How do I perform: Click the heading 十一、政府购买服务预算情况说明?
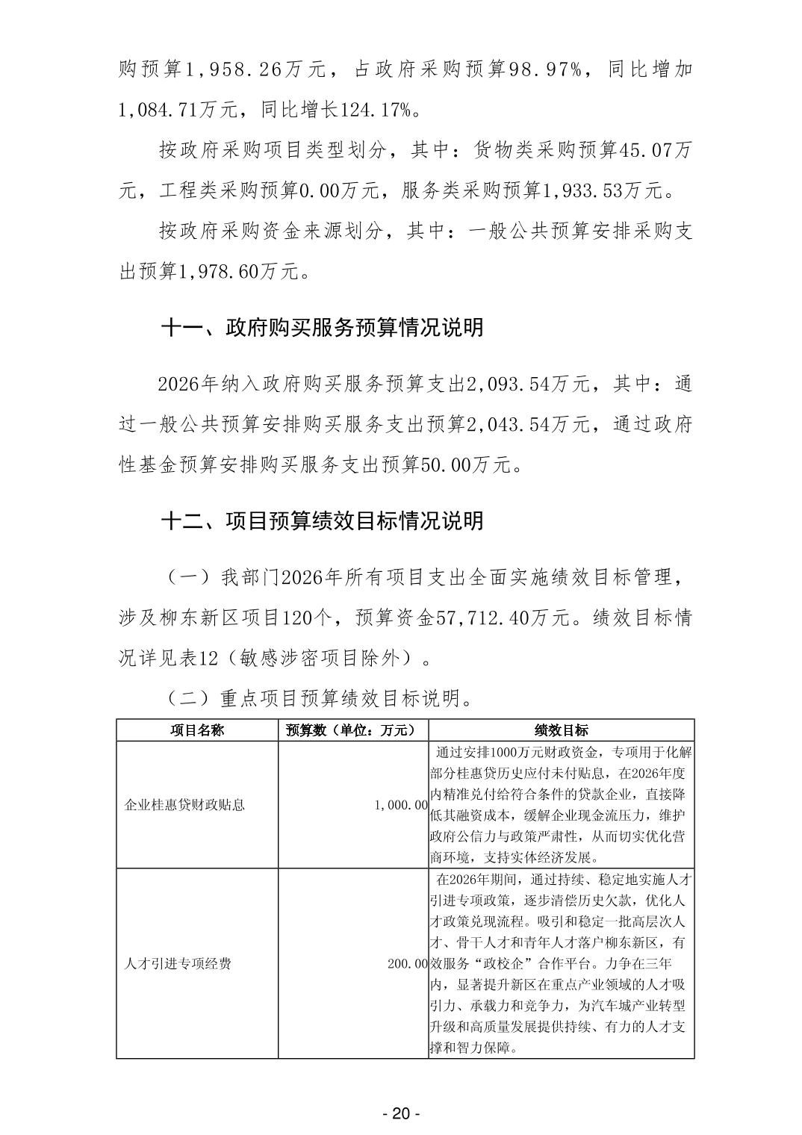tap(322, 327)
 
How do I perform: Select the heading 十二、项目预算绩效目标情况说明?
tap(322, 520)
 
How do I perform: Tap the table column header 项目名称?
tap(197, 730)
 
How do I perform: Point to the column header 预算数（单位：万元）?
tap(352, 730)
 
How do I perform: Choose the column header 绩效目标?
tap(562, 730)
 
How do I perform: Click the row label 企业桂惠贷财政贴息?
tap(184, 805)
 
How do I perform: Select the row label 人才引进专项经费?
tap(178, 963)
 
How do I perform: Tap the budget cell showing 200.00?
tap(407, 963)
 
